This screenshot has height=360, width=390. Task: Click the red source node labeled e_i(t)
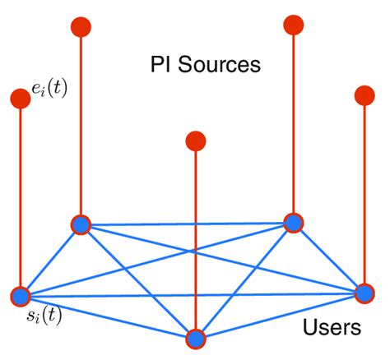(x=21, y=99)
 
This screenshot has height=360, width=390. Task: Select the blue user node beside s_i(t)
(x=21, y=296)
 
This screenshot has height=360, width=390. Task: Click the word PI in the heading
(x=162, y=63)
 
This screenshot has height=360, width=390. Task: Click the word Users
(x=332, y=328)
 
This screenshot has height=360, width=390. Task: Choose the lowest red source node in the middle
(x=196, y=141)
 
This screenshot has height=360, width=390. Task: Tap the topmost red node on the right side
(x=293, y=25)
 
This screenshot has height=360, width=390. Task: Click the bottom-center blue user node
(x=196, y=339)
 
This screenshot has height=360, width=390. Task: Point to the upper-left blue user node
(x=81, y=224)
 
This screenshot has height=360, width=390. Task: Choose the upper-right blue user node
(x=293, y=223)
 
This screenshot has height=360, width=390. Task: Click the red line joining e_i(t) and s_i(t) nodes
(x=21, y=197)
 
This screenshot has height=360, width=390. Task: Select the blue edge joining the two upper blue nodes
(x=187, y=224)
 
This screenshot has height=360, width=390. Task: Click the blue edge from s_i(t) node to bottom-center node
(x=107, y=317)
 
